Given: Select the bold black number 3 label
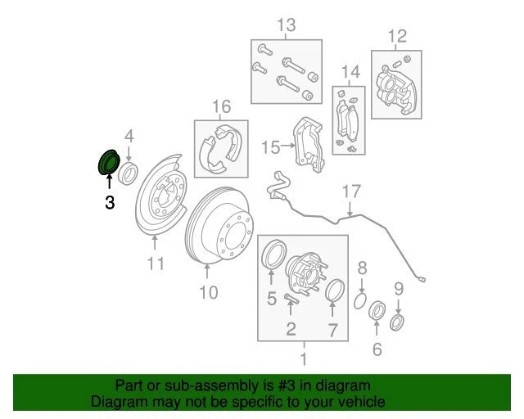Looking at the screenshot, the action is point(110,203).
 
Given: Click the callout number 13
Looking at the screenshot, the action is point(287,25).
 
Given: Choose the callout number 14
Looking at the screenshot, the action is point(350,72).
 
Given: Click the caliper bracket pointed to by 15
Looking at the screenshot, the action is point(309,143).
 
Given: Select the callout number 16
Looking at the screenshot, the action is point(222,106).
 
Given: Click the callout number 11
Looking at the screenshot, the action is point(156,264).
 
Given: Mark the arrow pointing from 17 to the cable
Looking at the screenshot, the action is point(350,209).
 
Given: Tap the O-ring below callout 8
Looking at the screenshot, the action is point(360,301).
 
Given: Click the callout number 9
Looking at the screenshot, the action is point(399,289).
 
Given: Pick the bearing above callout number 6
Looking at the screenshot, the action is point(377,310).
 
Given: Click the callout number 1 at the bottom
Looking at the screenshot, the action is point(304,359).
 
